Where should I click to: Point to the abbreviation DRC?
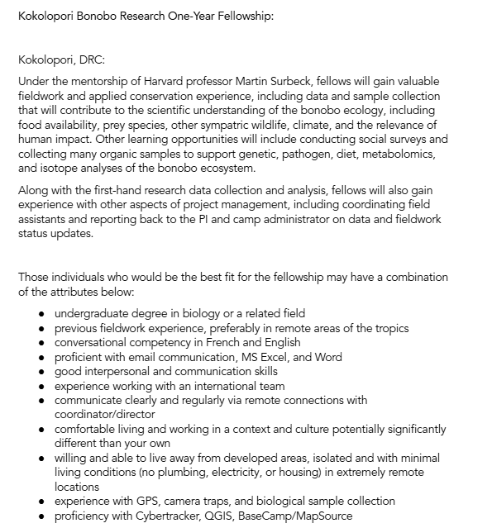(91, 59)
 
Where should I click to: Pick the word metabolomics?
(388, 154)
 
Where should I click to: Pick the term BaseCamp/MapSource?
(296, 516)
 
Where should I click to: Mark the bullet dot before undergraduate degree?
(41, 314)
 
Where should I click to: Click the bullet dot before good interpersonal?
(41, 372)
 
